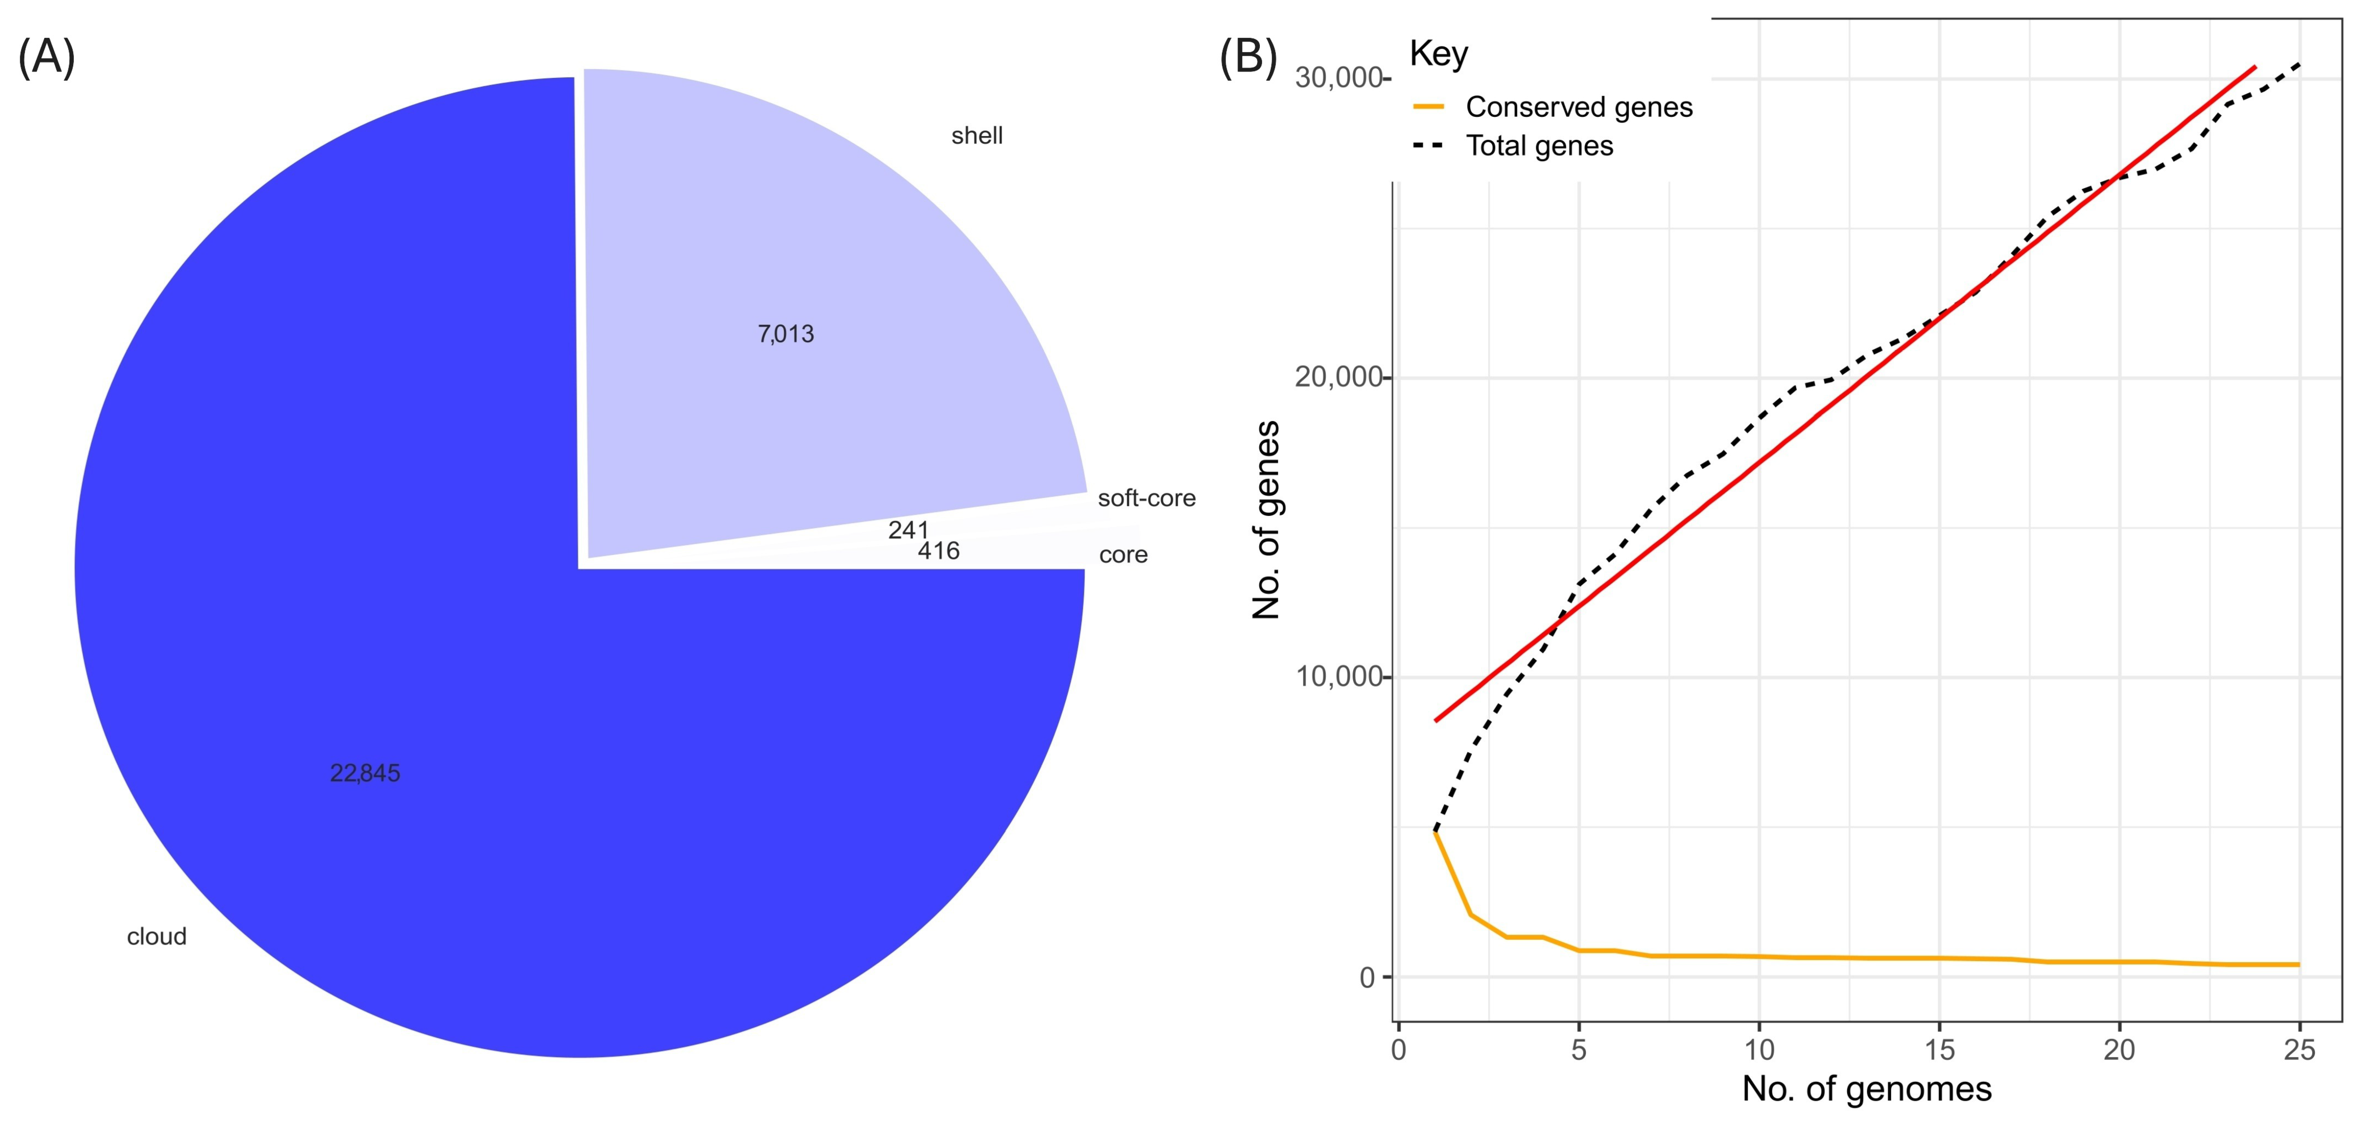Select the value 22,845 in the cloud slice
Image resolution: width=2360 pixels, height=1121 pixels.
pos(365,774)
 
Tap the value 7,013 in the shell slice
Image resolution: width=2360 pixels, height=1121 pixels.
pos(785,334)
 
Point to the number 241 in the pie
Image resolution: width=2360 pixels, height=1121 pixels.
pos(908,530)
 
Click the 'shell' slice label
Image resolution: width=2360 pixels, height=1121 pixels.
pos(977,136)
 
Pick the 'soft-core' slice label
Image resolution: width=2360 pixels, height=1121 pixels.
pos(1146,498)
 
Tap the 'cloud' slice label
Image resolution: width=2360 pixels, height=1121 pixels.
pos(157,937)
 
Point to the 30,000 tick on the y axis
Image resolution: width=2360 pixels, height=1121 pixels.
pos(1337,78)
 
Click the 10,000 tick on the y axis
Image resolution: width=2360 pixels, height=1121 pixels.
pos(1337,677)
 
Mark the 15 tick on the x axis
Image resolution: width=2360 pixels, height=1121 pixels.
pos(1938,1050)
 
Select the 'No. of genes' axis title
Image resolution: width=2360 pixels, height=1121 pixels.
pos(1266,520)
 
